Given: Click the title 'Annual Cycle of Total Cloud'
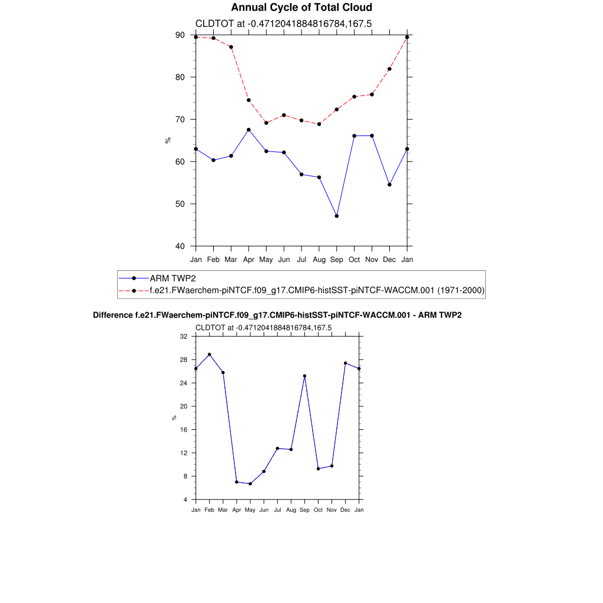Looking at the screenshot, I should (301, 8).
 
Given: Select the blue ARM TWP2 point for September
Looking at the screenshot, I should (337, 216).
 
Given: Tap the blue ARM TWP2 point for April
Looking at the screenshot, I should (249, 130).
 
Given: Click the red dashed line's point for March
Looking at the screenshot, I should (231, 47).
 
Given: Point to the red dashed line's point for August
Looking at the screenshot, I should (319, 124).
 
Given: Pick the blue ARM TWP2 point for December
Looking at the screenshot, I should (390, 185).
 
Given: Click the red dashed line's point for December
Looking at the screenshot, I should (390, 69).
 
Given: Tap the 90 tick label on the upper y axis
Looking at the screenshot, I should (180, 35).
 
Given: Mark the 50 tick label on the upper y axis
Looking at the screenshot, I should (180, 204).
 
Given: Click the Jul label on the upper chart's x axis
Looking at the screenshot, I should (301, 259).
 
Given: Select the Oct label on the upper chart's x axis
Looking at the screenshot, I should (354, 259).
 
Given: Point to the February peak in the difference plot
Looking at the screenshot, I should (209, 354).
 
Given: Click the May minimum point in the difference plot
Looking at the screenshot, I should (250, 484).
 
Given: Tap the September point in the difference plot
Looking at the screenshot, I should (304, 376).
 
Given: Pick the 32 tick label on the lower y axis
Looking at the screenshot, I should (183, 336).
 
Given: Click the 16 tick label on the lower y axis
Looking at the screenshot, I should (183, 430).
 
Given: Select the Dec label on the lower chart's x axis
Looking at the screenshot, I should (345, 510).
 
